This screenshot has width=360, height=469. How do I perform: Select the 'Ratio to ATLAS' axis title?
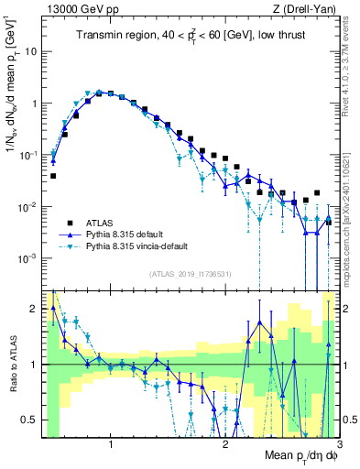tap(11, 365)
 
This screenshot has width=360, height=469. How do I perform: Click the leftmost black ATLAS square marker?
tap(53, 176)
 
